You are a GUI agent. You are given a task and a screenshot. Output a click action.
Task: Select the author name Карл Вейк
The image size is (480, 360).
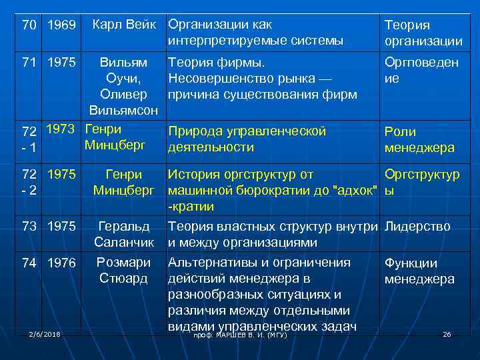tap(127, 25)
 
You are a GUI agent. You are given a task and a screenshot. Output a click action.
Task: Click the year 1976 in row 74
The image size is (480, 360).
tap(63, 263)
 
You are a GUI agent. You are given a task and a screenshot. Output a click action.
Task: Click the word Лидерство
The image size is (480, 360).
tap(418, 227)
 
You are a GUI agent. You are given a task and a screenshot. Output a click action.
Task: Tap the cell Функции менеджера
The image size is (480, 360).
tap(419, 271)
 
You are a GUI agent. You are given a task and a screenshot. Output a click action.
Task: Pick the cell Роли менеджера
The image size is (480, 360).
tap(419, 139)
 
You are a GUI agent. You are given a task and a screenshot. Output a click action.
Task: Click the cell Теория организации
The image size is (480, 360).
tap(423, 33)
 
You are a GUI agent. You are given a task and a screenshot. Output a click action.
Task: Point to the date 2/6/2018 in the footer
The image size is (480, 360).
tap(43, 333)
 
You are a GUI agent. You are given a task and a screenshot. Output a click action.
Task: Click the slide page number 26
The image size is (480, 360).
tap(447, 333)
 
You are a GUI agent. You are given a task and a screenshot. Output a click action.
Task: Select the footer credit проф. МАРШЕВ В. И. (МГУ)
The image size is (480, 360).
tap(240, 335)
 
